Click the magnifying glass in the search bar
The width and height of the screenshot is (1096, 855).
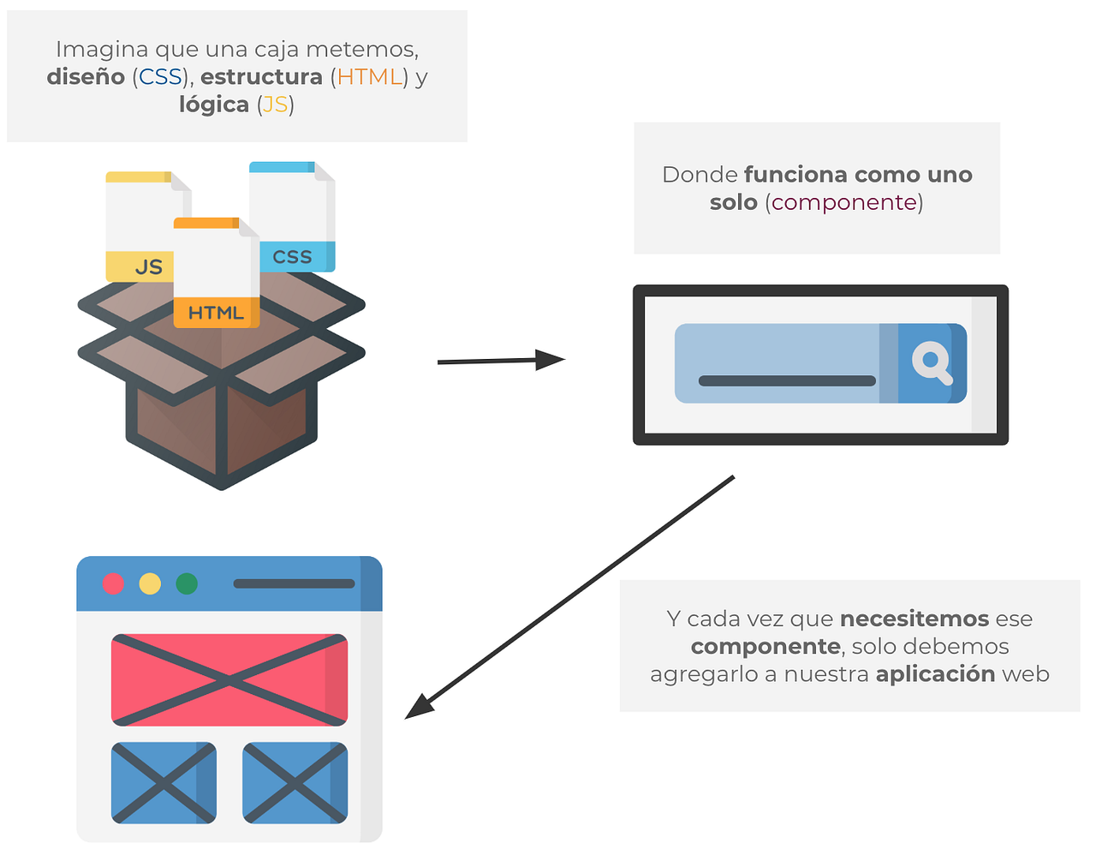coord(932,362)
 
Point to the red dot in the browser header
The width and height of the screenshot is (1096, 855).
coord(113,583)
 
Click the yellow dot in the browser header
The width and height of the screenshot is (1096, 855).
coord(150,583)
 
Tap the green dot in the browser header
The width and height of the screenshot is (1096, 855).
coord(187,583)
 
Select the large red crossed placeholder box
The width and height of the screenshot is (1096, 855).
coord(229,680)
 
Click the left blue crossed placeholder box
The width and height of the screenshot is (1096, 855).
coord(164,782)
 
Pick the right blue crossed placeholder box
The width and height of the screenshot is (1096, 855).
coord(295,782)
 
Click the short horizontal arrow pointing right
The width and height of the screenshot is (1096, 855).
coord(501,361)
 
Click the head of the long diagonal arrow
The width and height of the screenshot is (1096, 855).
coord(420,707)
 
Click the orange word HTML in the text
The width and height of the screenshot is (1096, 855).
coord(369,76)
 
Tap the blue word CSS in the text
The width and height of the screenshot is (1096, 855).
coord(160,76)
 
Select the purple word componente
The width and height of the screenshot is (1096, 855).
coord(844,202)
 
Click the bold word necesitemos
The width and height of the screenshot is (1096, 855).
coord(914,619)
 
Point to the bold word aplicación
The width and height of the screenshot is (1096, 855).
coord(935,673)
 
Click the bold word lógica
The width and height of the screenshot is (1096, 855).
coord(214,105)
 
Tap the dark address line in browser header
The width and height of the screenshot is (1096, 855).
coord(294,583)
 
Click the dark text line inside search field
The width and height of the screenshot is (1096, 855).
coord(787,380)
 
